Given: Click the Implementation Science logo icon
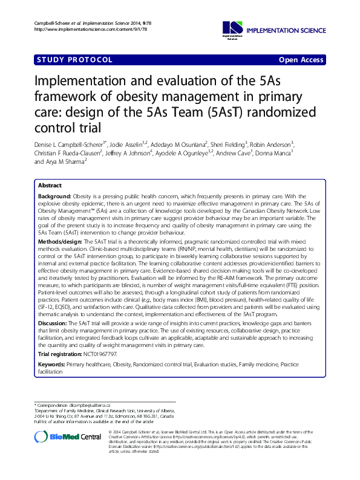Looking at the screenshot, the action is pos(232,27).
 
